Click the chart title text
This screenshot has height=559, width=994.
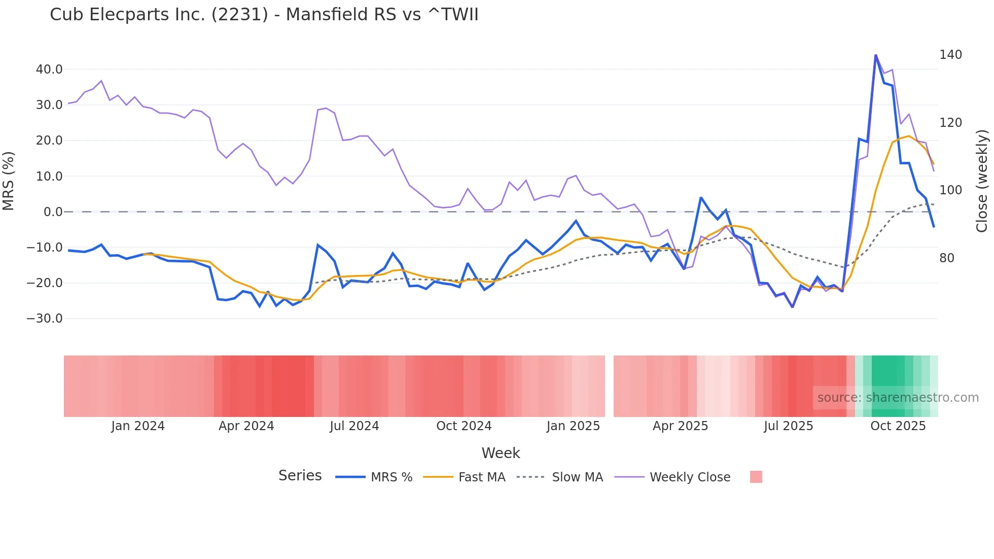tap(264, 15)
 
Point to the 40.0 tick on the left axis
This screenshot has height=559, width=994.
tap(49, 69)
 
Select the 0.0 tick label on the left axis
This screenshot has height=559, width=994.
tap(53, 212)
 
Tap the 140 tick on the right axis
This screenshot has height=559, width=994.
tap(950, 55)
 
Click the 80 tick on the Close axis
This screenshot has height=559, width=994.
tap(946, 258)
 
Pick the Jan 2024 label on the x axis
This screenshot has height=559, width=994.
tap(138, 426)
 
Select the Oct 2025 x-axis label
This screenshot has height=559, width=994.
tap(898, 426)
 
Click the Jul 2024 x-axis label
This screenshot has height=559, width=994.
tap(354, 426)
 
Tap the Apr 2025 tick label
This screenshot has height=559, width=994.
tap(680, 426)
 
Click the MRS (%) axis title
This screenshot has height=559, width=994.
tap(9, 181)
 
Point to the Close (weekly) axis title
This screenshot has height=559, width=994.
tap(982, 181)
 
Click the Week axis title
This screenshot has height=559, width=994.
tap(501, 453)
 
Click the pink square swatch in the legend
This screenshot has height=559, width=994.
tap(756, 477)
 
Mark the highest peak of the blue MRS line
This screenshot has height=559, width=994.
tap(876, 55)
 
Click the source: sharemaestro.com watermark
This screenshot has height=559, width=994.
tap(898, 398)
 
